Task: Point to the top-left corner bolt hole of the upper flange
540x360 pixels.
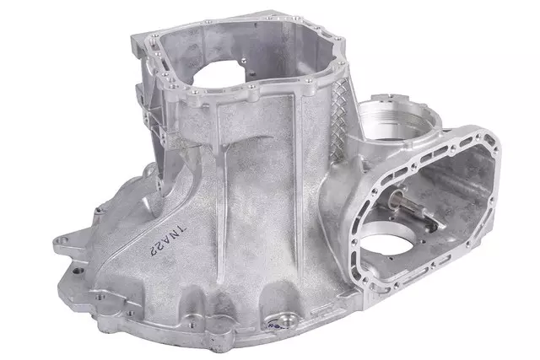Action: (138, 37)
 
